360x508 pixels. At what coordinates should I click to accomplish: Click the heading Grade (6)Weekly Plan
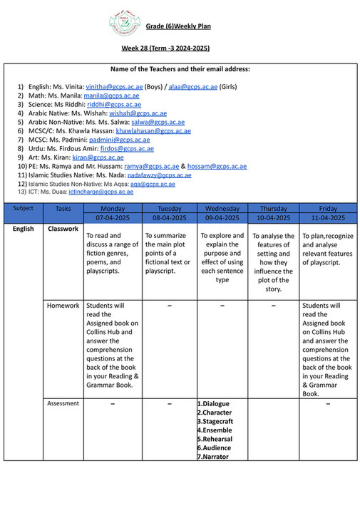pyautogui.click(x=178, y=26)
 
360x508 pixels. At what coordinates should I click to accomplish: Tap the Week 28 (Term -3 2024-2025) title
pyautogui.click(x=165, y=48)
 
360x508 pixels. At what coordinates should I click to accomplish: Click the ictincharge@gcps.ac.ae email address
pyautogui.click(x=106, y=192)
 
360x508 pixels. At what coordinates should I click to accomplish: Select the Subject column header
pyautogui.click(x=23, y=208)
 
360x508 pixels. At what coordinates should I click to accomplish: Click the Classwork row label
pyautogui.click(x=63, y=229)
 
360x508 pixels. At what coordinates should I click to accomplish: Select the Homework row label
pyautogui.click(x=63, y=306)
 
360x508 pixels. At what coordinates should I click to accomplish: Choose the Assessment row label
pyautogui.click(x=63, y=403)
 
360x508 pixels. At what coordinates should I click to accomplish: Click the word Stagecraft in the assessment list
pyautogui.click(x=215, y=421)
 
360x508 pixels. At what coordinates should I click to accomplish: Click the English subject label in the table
pyautogui.click(x=23, y=229)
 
